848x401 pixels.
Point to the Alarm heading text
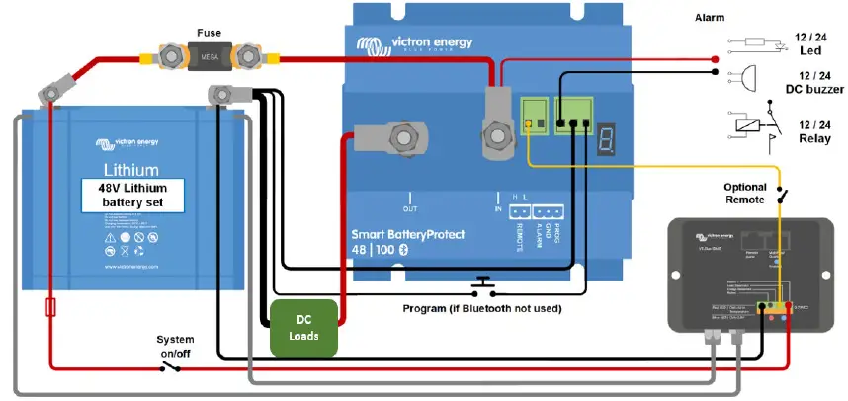[x=709, y=18]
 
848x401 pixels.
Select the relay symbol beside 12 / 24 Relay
[x=748, y=126]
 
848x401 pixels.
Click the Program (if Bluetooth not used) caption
[x=482, y=309]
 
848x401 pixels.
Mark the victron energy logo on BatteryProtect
[x=415, y=44]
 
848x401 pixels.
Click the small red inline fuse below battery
[x=50, y=309]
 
